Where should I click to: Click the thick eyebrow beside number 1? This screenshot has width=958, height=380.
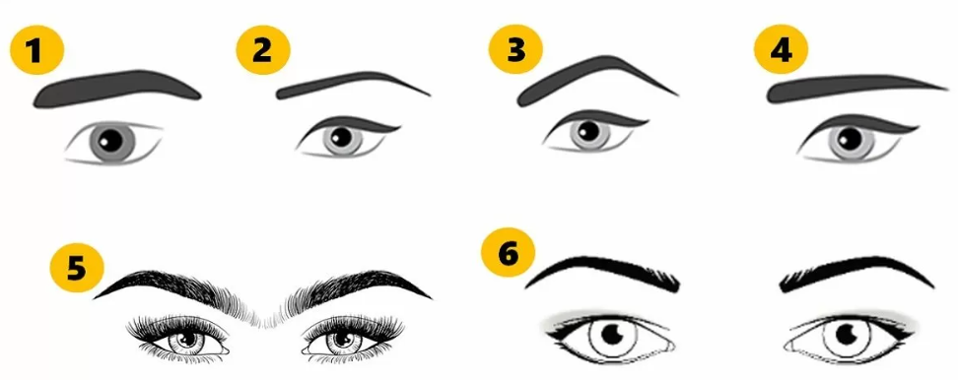pyautogui.click(x=116, y=88)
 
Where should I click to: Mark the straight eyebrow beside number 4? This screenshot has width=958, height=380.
pyautogui.click(x=855, y=87)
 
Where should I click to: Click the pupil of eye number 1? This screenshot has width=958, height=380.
pyautogui.click(x=112, y=141)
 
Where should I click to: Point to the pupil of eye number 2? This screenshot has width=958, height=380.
pyautogui.click(x=342, y=137)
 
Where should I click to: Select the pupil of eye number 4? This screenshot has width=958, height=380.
pyautogui.click(x=849, y=139)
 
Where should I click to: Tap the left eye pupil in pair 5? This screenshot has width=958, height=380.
pyautogui.click(x=187, y=338)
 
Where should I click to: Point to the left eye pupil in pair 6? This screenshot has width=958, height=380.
pyautogui.click(x=612, y=334)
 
